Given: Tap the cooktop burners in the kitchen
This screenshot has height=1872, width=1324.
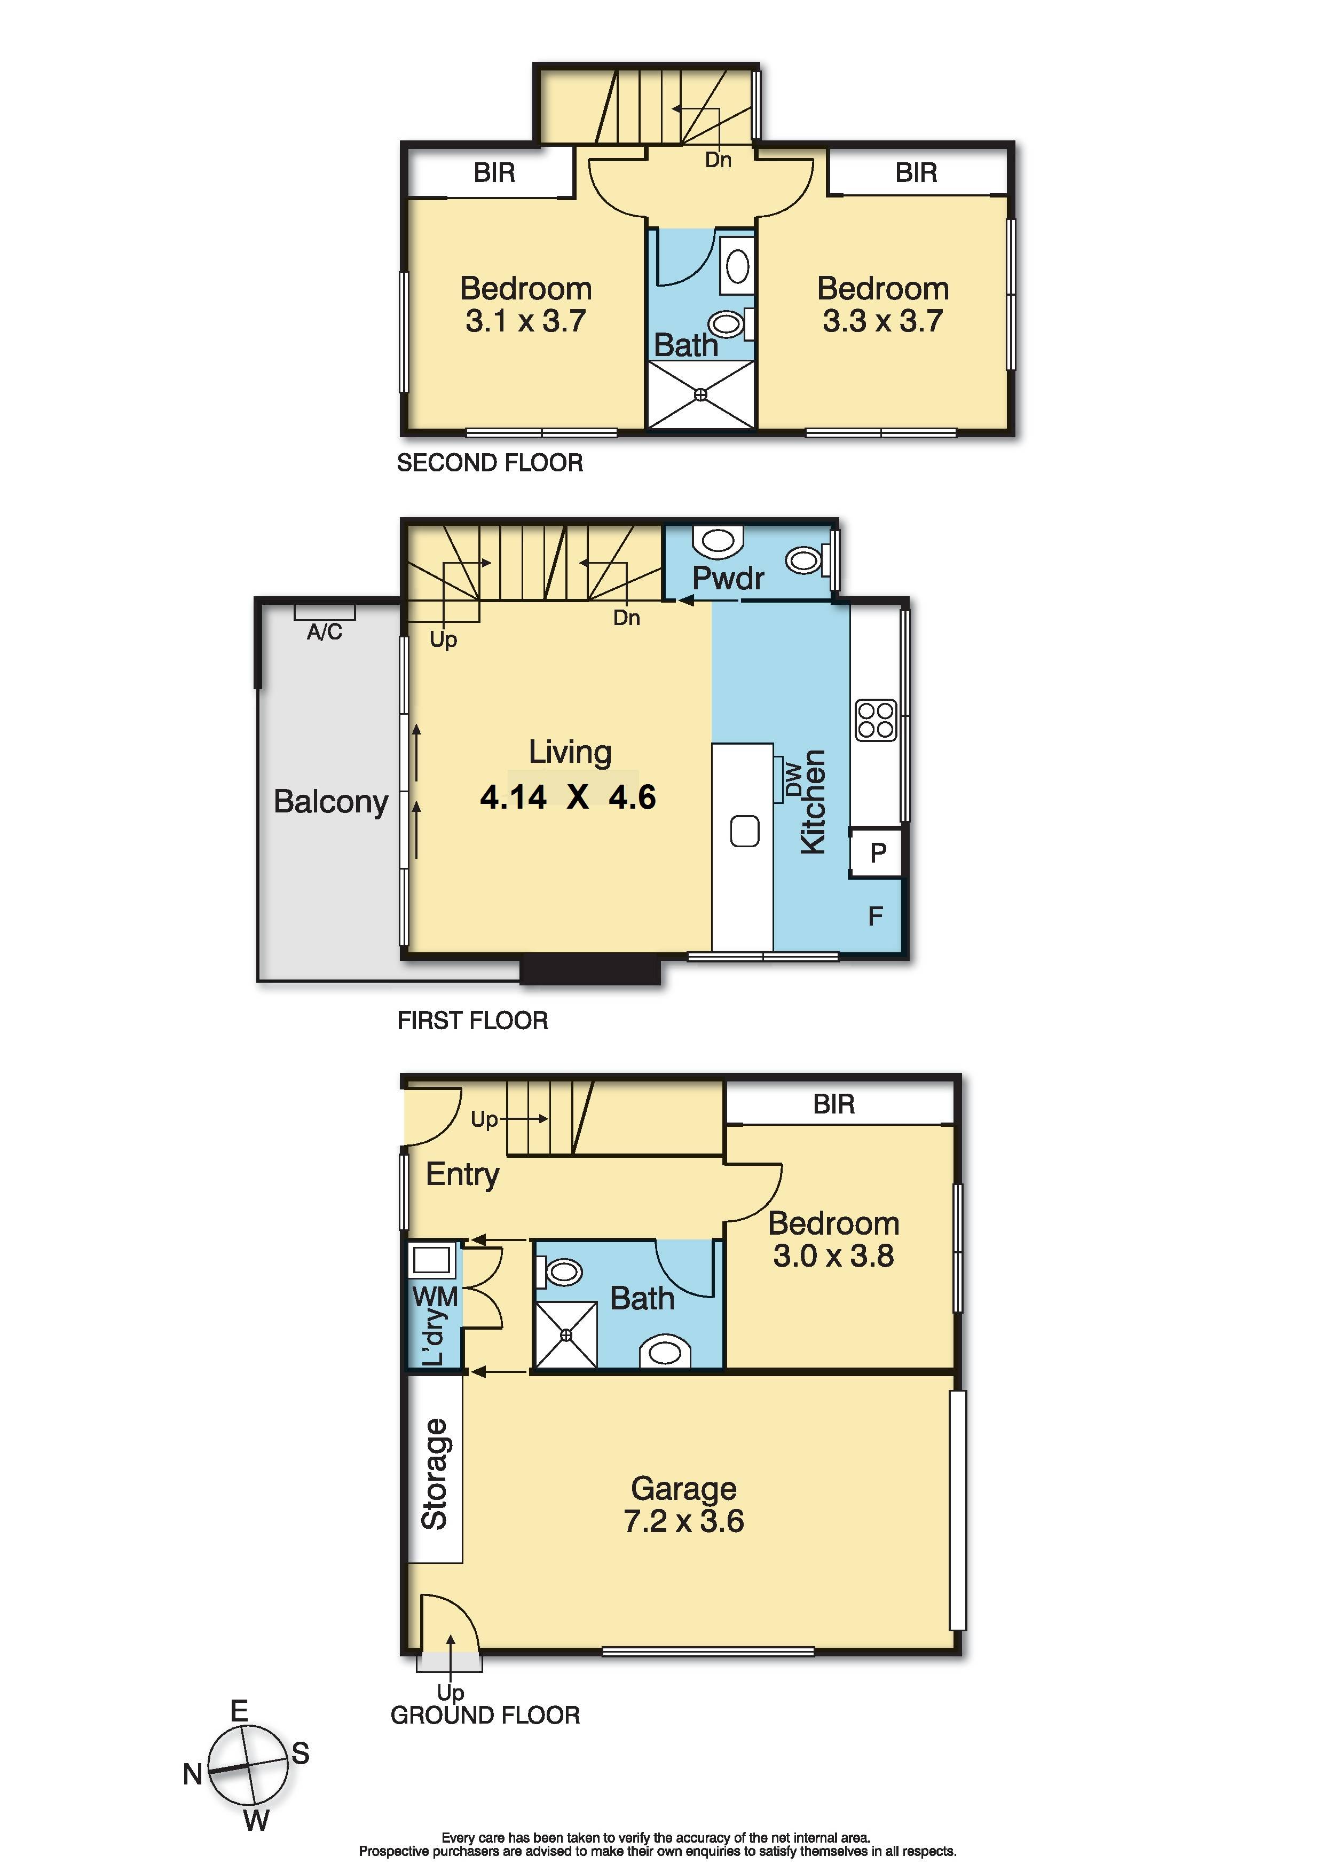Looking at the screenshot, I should coord(876,720).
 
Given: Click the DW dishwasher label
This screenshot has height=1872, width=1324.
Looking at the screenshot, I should coord(792,779).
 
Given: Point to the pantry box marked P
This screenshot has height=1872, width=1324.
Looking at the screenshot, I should coord(877,853).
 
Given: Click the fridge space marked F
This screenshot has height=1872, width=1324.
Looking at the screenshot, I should coord(876,917).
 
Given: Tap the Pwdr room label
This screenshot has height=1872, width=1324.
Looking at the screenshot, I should coord(728,578).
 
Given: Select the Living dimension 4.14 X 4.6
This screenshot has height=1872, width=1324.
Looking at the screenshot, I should coord(568,796).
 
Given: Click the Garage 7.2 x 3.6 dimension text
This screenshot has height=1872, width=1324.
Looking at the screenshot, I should coord(683,1521).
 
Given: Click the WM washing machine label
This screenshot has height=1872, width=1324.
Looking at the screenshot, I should coord(435,1297).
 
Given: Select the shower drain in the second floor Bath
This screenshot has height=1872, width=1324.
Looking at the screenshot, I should coord(700,396).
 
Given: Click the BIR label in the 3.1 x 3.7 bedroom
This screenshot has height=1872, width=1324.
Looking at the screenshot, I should coord(494,173).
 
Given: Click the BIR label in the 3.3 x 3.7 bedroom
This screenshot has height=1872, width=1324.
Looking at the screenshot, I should coord(916,173).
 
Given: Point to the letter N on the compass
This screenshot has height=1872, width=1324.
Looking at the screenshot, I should coord(192,1774).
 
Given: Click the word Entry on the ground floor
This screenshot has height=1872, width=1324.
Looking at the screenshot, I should coord(462,1175).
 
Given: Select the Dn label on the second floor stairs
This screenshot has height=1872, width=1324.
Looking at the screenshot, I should coord(718,160).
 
